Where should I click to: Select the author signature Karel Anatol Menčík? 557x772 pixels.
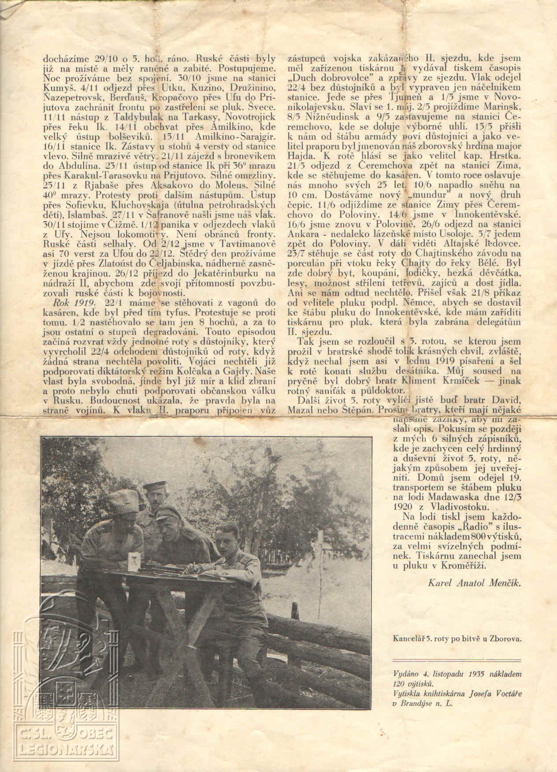[474, 583]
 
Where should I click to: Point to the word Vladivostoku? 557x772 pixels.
[465, 506]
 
